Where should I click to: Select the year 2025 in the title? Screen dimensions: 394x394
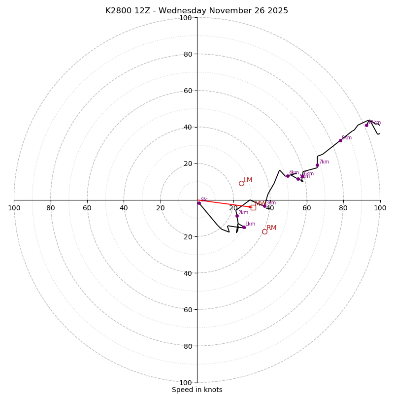point(277,11)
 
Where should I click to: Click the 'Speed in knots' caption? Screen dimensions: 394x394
point(197,390)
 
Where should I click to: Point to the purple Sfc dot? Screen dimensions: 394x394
point(199,203)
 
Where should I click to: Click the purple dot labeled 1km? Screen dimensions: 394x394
point(244,227)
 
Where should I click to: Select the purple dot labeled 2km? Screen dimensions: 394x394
point(237,216)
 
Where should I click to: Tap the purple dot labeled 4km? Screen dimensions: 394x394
point(288,176)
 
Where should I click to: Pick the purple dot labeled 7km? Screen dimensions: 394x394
point(317,165)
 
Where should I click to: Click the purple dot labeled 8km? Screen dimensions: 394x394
point(340,140)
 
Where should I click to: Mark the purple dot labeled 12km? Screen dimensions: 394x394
point(366,125)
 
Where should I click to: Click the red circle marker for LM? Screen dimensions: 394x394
point(241,183)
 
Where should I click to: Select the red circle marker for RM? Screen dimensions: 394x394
point(264,231)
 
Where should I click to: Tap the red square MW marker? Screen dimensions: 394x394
point(253,207)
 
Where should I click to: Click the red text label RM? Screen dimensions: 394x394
point(271,228)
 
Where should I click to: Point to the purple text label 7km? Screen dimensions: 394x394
point(324,162)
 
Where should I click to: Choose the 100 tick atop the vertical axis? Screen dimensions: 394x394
point(186,18)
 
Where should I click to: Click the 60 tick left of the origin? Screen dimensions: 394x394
point(87,208)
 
